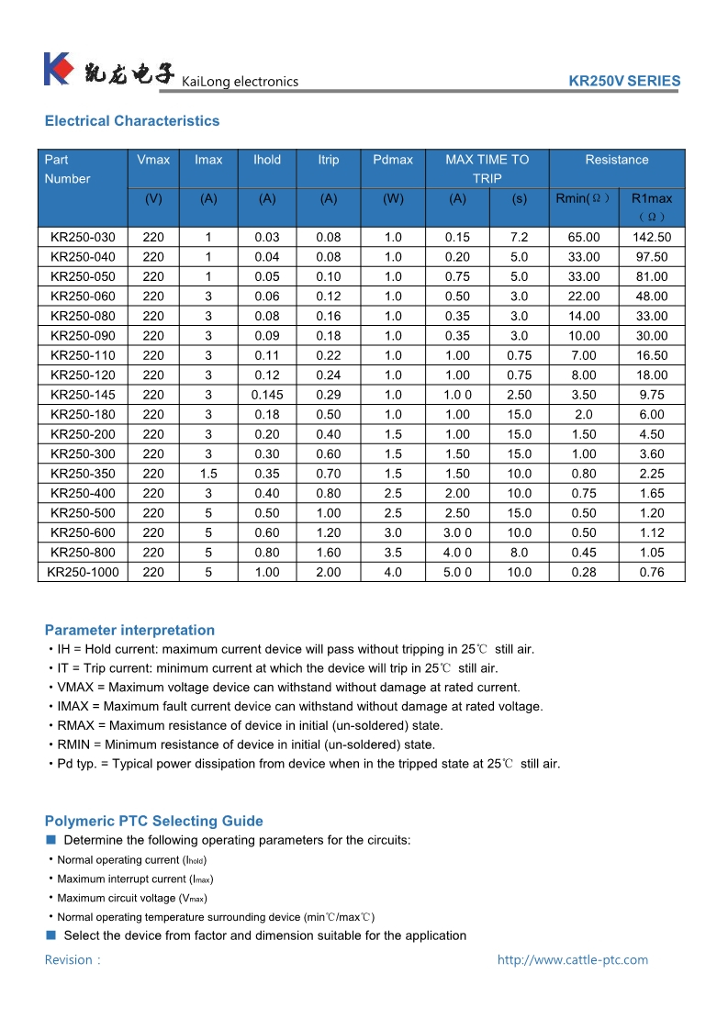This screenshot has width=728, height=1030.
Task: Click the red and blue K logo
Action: pyautogui.click(x=58, y=70)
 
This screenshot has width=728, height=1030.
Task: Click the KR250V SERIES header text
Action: pyautogui.click(x=624, y=81)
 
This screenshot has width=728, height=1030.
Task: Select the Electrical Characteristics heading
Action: pyautogui.click(x=132, y=121)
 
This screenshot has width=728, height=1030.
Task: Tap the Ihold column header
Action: pyautogui.click(x=267, y=160)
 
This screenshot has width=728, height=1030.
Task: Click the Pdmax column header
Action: pyautogui.click(x=393, y=160)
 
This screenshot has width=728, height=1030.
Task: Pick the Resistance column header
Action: pyautogui.click(x=617, y=160)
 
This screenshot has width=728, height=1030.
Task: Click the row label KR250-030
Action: pyautogui.click(x=84, y=237)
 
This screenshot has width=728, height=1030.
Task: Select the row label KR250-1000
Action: pyautogui.click(x=84, y=572)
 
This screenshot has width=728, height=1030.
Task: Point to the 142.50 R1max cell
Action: pyautogui.click(x=652, y=237)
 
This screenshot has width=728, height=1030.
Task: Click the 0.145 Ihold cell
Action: pyautogui.click(x=267, y=395)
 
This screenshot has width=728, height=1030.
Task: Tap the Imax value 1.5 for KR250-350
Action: pyautogui.click(x=208, y=474)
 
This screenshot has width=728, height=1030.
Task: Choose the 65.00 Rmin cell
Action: pyautogui.click(x=584, y=237)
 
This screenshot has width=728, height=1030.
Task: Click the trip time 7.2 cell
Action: pyautogui.click(x=520, y=237)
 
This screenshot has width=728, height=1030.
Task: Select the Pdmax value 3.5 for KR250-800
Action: pyautogui.click(x=393, y=553)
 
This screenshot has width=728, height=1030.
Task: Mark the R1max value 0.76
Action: pyautogui.click(x=652, y=572)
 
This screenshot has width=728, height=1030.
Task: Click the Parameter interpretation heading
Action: pyautogui.click(x=129, y=631)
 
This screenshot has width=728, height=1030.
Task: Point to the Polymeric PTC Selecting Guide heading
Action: pyautogui.click(x=153, y=822)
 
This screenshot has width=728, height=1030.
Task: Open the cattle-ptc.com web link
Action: pyautogui.click(x=573, y=960)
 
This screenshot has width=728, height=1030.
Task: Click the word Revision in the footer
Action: pyautogui.click(x=70, y=960)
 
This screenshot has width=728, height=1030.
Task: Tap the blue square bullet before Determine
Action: pyautogui.click(x=51, y=840)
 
